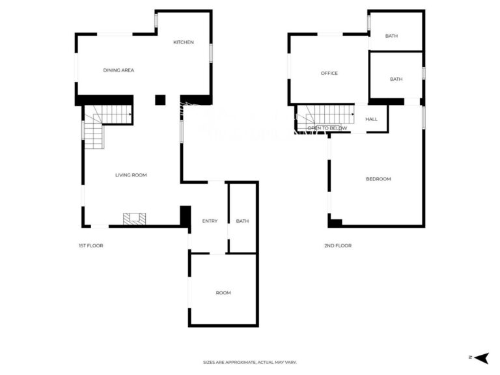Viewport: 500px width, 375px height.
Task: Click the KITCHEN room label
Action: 184,42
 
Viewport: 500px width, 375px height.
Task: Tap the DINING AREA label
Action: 118,70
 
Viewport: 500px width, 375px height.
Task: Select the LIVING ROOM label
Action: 131,175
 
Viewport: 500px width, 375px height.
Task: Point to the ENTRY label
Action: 210,221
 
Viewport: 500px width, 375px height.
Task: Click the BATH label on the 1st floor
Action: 242,221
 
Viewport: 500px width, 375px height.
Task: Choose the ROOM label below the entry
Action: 223,293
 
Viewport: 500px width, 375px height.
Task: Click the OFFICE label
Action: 329,74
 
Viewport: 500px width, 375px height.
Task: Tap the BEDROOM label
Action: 378,179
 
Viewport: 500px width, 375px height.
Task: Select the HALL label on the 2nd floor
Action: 372,119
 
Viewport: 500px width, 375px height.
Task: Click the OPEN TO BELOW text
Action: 327,128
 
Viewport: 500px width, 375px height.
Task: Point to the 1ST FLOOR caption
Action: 91,245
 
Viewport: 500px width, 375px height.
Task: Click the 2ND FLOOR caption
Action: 338,245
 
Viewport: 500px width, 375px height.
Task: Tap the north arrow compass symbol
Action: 482,358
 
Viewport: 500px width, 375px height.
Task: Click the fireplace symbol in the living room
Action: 135,219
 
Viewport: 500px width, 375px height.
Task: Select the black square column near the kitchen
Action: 160,100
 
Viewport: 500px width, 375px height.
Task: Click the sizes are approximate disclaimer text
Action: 250,362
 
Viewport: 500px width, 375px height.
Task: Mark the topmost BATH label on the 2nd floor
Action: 391,36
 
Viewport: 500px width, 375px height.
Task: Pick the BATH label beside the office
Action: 396,79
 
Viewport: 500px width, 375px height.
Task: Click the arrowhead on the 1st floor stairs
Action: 130,114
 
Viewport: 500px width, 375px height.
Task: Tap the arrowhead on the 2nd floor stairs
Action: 352,114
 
